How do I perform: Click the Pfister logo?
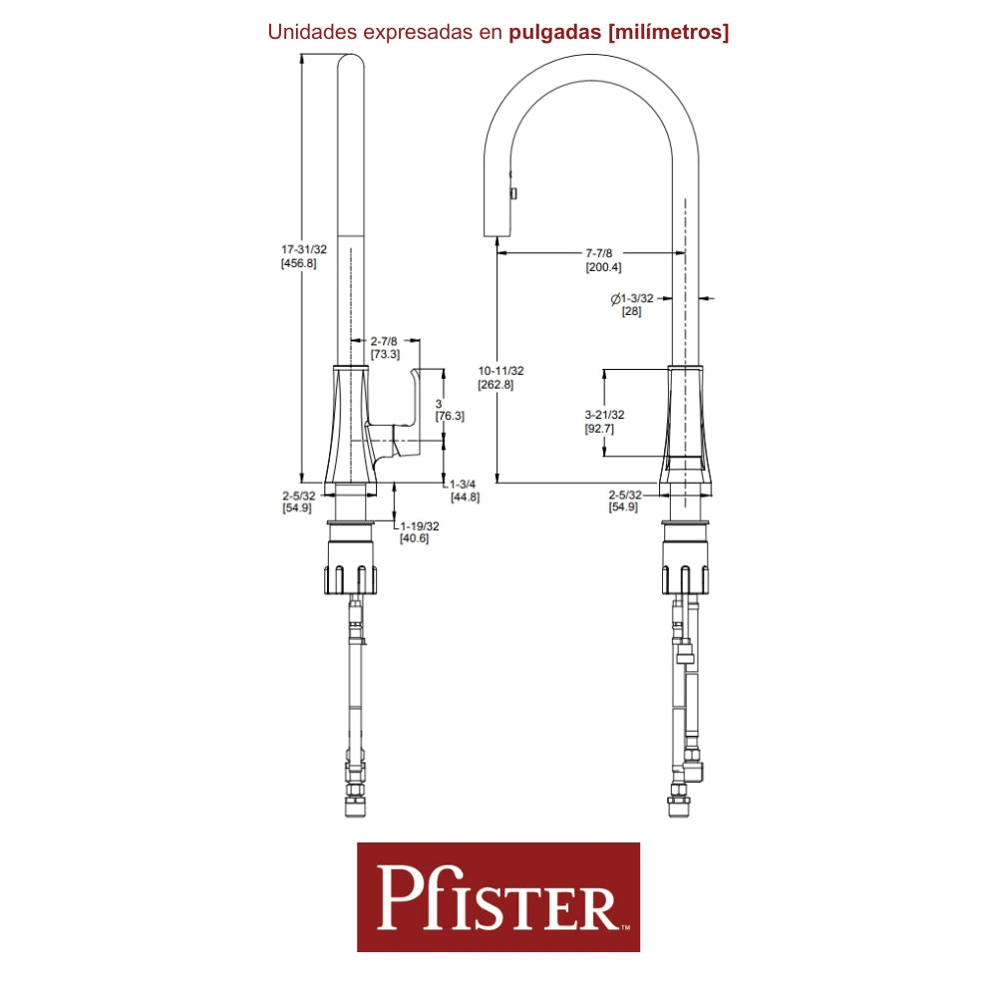(x=498, y=896)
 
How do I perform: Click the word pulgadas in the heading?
(x=554, y=32)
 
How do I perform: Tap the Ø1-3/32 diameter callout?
(x=631, y=298)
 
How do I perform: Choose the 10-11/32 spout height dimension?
(x=500, y=370)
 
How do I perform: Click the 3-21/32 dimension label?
(x=604, y=415)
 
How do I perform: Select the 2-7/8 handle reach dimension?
(x=384, y=341)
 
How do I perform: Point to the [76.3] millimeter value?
(x=450, y=416)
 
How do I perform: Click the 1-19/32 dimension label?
(x=420, y=525)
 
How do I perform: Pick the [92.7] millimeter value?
(x=599, y=429)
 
